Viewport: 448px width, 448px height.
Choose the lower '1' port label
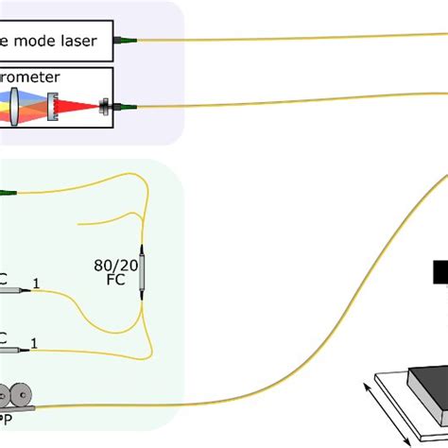pyautogui.click(x=37, y=340)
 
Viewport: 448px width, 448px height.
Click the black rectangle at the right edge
pyautogui.click(x=440, y=272)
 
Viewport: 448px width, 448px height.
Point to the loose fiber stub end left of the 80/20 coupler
pyautogui.click(x=78, y=223)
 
